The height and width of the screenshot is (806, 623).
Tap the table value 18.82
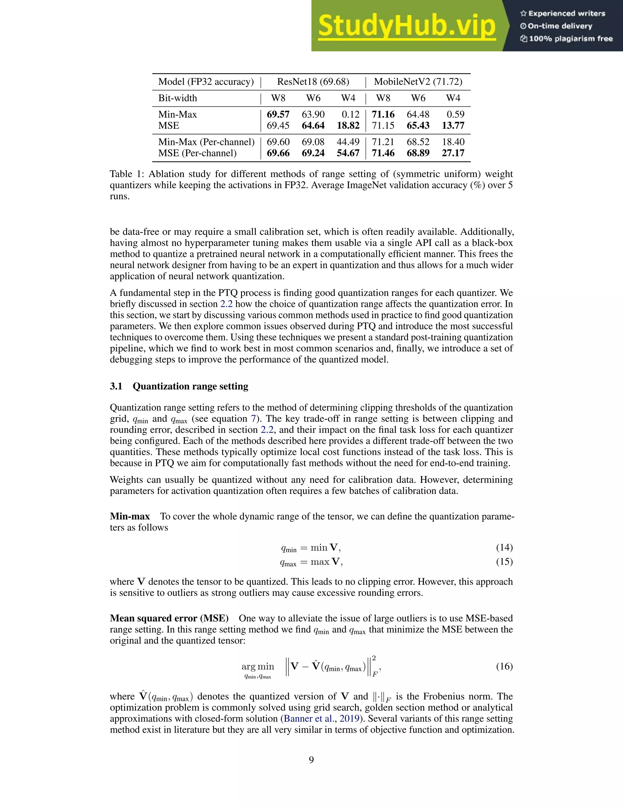coord(348,126)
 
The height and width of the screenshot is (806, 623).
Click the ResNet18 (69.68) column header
coord(313,82)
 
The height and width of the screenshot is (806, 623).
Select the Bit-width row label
coord(178,98)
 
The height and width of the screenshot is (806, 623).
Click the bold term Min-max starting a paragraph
coord(130,516)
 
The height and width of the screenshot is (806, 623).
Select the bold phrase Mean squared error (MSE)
coord(169,618)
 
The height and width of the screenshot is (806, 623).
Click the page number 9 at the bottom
coord(311,760)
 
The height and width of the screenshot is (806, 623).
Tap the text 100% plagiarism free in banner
coord(570,39)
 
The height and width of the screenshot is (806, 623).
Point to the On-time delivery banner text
coord(559,26)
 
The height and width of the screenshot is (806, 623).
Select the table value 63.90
coord(313,114)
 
